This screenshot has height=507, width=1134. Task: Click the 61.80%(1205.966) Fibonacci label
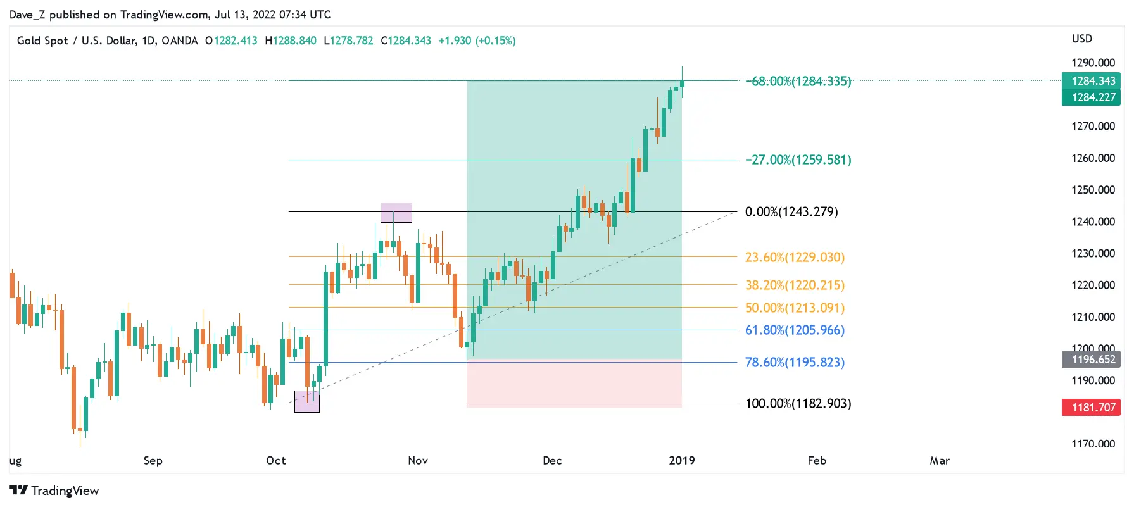pyautogui.click(x=795, y=330)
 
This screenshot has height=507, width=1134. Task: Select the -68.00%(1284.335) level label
pyautogui.click(x=798, y=81)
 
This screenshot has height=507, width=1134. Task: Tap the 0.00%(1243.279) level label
pyautogui.click(x=791, y=211)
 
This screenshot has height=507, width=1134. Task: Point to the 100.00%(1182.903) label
pyautogui.click(x=798, y=403)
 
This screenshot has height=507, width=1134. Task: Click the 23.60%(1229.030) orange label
pyautogui.click(x=795, y=257)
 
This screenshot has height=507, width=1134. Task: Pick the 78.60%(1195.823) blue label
pyautogui.click(x=795, y=362)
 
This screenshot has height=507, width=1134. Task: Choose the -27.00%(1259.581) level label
pyautogui.click(x=798, y=160)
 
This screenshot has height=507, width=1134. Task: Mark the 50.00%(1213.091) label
pyautogui.click(x=795, y=308)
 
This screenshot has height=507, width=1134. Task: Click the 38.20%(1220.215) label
pyautogui.click(x=795, y=285)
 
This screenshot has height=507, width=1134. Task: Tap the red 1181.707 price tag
pyautogui.click(x=1093, y=408)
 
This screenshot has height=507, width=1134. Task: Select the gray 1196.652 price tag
pyautogui.click(x=1093, y=360)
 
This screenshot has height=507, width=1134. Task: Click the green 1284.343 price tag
pyautogui.click(x=1093, y=81)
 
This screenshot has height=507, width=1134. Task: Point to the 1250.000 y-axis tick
pyautogui.click(x=1093, y=190)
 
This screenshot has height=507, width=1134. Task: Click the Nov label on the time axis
pyautogui.click(x=418, y=461)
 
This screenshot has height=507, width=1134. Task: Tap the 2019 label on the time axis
pyautogui.click(x=682, y=461)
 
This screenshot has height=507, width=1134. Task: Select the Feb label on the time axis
pyautogui.click(x=817, y=461)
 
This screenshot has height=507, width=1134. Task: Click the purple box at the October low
pyautogui.click(x=307, y=402)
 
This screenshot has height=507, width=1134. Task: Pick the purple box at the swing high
pyautogui.click(x=396, y=213)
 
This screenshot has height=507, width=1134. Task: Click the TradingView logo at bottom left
pyautogui.click(x=54, y=491)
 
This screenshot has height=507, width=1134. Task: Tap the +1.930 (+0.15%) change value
pyautogui.click(x=477, y=41)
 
